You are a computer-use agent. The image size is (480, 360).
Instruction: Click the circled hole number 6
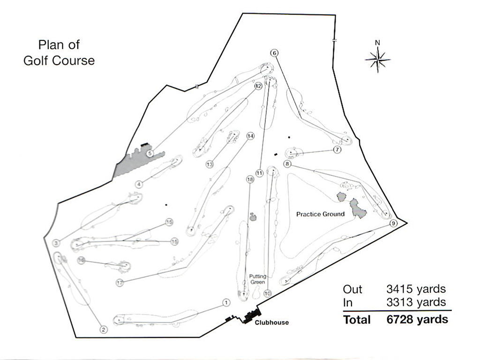[274, 53]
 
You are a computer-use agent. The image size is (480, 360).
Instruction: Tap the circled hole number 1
[226, 303]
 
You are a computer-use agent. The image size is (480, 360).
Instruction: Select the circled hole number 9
[393, 224]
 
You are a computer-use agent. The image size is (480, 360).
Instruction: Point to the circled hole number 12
[258, 86]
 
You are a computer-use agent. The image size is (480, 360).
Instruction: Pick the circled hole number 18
[250, 179]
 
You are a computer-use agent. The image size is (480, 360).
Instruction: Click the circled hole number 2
[104, 330]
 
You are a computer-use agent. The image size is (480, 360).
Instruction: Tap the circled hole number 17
[120, 283]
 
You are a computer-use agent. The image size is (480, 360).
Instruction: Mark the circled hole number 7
[337, 150]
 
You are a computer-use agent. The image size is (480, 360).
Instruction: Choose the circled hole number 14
[250, 136]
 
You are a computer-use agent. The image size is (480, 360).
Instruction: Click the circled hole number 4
[139, 184]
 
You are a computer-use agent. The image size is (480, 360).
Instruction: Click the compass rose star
[378, 59]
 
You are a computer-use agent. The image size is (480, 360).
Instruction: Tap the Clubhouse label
[271, 322]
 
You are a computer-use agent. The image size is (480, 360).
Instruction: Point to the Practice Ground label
[320, 214]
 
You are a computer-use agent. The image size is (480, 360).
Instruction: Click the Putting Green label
[258, 279]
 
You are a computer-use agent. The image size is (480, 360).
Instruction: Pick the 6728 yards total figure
[417, 319]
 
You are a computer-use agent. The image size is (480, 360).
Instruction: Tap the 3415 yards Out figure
[416, 289]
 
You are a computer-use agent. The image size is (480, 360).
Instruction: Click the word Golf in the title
[36, 60]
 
